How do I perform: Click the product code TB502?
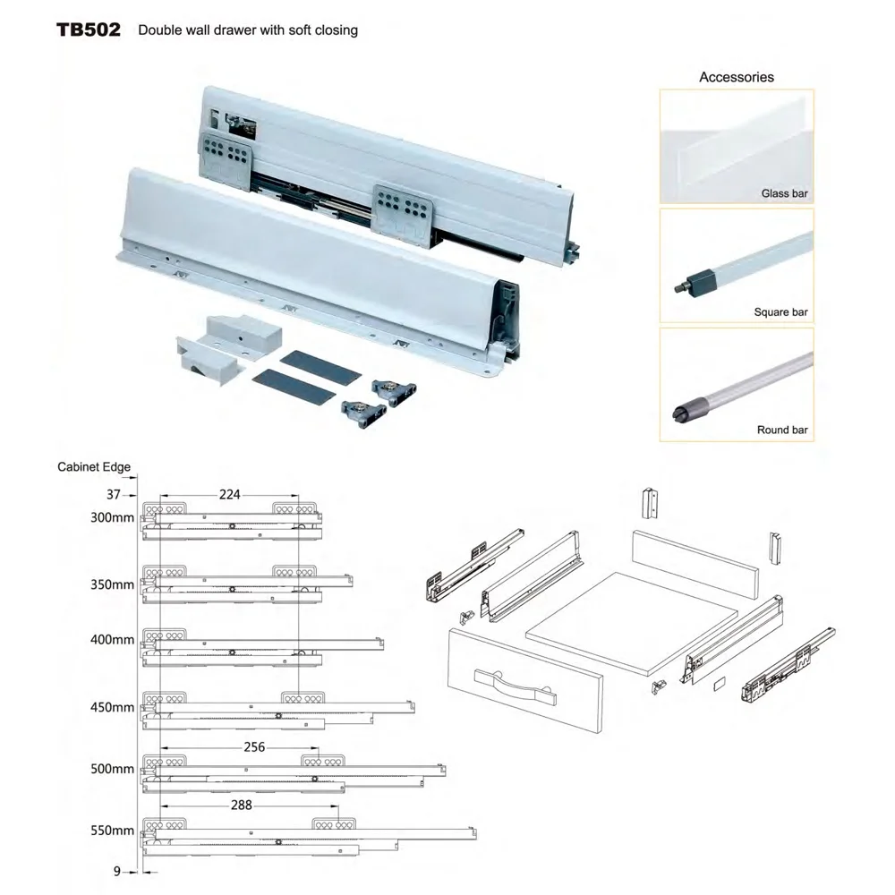point(89,30)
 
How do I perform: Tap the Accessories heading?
point(736,77)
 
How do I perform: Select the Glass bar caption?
point(784,193)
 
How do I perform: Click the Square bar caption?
point(780,312)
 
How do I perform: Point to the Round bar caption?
point(781,430)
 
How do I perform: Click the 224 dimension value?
point(229,494)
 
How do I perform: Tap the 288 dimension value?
point(241,805)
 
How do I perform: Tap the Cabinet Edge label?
point(94,467)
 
